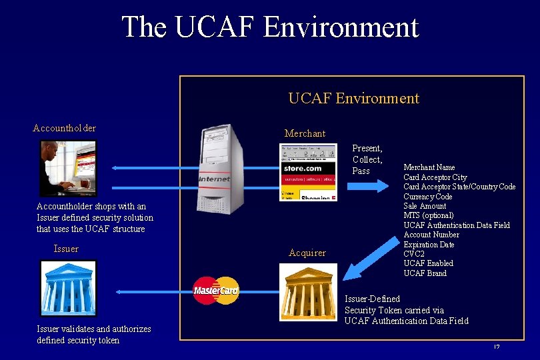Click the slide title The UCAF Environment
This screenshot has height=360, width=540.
pos(270,27)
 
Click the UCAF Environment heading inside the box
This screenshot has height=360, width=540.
pos(353,99)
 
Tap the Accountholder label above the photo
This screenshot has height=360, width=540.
pos(65,128)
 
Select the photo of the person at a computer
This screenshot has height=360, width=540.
pos(68,168)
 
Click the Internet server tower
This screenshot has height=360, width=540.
pos(217,168)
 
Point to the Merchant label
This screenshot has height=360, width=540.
pos(305,133)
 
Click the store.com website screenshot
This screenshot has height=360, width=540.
pos(308,172)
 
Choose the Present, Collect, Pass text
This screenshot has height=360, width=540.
pos(367,159)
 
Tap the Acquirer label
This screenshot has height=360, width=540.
pos(307,253)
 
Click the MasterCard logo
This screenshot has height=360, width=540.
pos(215,291)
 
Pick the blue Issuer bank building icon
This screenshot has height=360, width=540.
pos(68,288)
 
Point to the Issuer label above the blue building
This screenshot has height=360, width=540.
pos(66,249)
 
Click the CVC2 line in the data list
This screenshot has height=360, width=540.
pos(415,254)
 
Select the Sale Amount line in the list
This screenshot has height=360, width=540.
pos(425,206)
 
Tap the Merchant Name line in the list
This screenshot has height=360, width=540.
pos(429,167)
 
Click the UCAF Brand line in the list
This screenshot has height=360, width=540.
pos(425,273)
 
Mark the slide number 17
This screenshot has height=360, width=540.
pos(497,347)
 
